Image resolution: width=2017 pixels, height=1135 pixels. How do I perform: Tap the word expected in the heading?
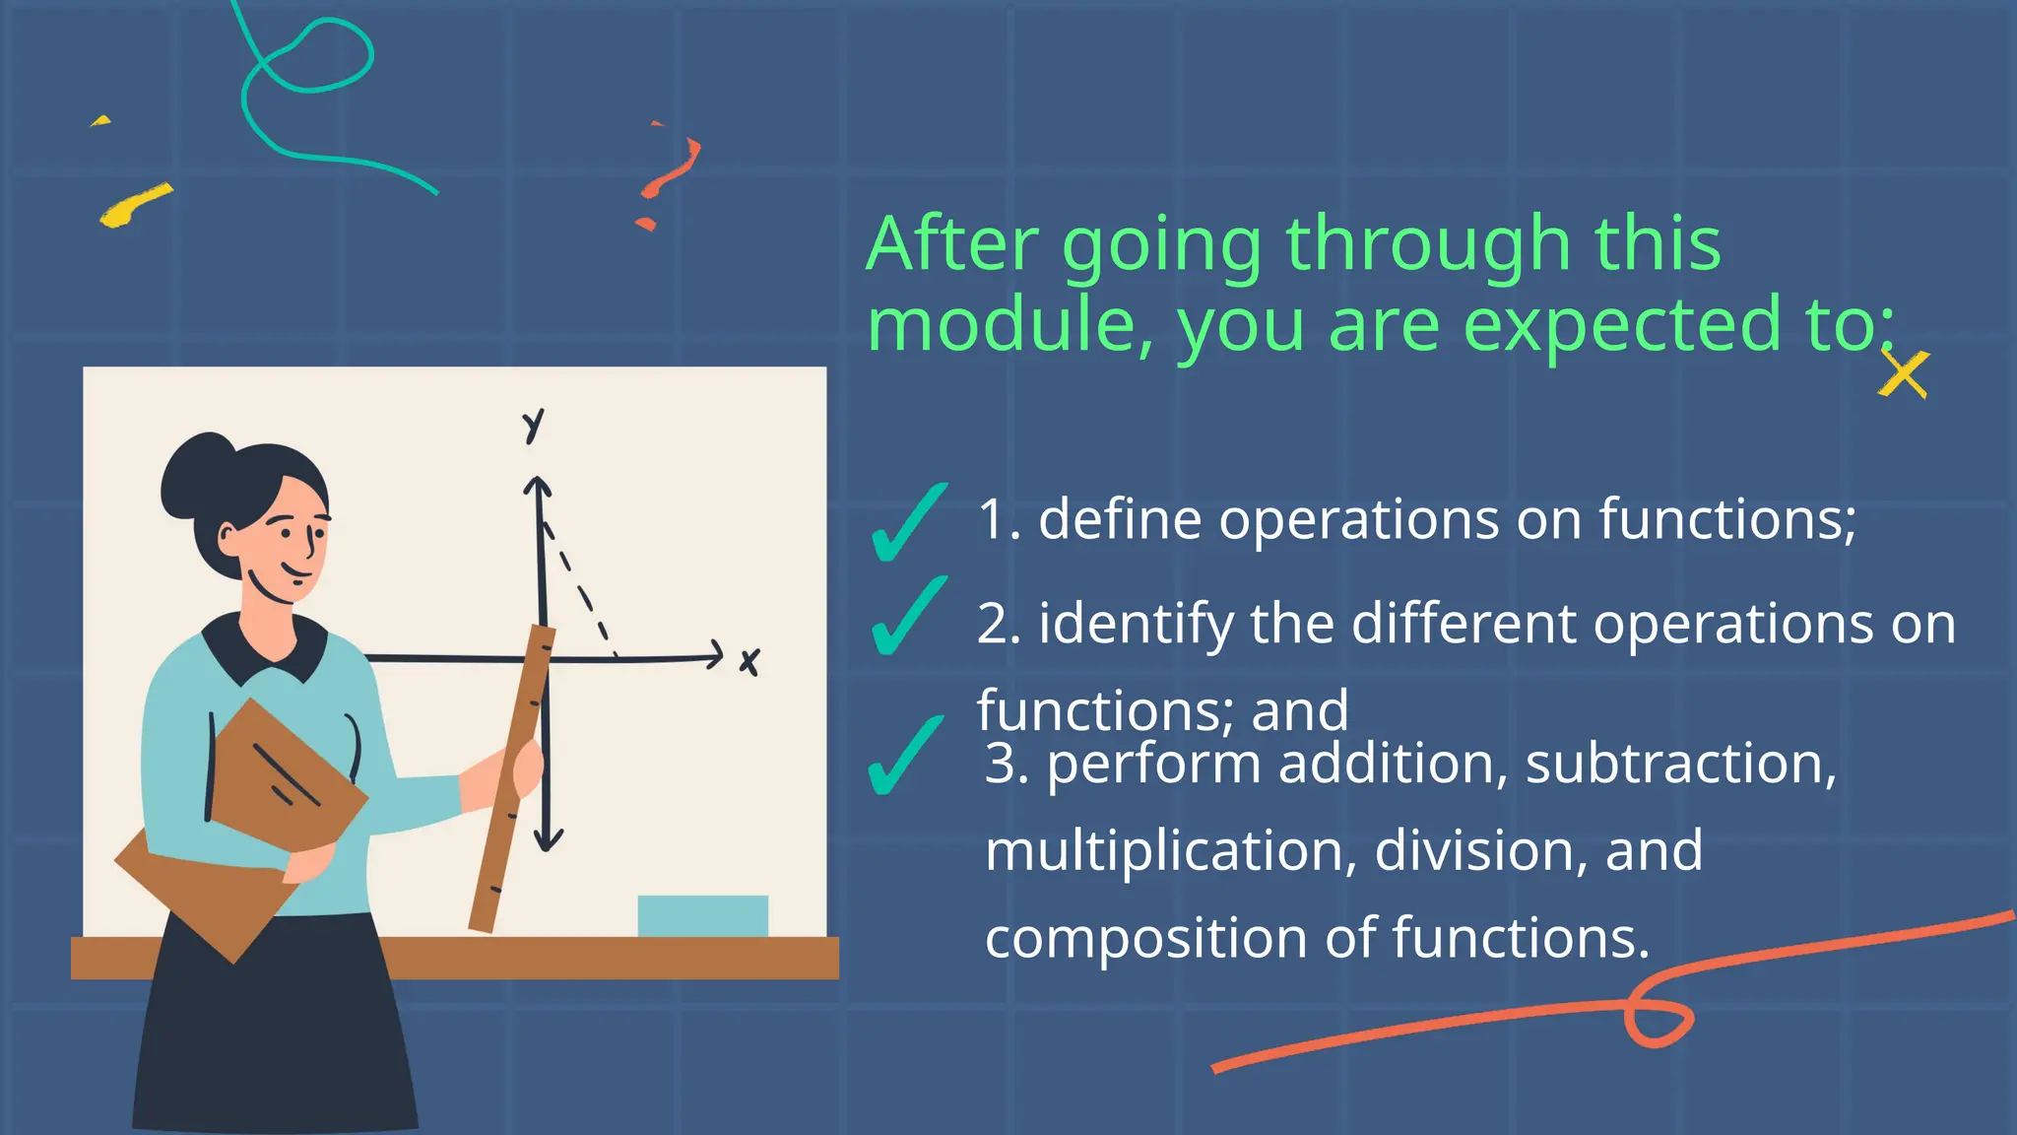coord(1623,325)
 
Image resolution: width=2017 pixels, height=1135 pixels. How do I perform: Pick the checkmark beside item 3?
coord(904,756)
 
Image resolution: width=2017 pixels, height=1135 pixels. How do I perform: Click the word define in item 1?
coord(1120,519)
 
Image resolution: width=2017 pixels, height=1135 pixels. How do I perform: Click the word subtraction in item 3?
coord(1680,765)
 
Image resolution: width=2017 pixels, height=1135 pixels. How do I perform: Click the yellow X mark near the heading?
coord(1903,375)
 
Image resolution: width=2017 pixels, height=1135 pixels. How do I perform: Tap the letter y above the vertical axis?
coord(533,427)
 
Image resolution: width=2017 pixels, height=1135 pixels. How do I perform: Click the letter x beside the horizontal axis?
coord(749,662)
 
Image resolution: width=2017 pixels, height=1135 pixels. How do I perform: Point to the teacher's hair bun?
coord(197,474)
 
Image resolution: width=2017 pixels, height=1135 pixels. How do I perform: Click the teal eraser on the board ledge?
coord(702,915)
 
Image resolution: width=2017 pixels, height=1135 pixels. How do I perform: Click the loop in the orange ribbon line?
coord(1659,1021)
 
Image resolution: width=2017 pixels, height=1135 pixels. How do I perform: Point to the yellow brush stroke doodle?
coord(135,204)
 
